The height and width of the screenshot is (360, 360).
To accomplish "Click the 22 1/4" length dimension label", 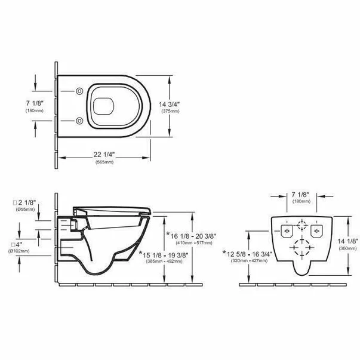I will tap(104, 155).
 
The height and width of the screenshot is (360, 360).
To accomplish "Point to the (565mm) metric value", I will tap(104, 162).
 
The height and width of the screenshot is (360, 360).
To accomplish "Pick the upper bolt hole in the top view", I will tap(79, 91).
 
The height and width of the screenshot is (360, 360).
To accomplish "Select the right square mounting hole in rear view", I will tap(317, 230).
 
